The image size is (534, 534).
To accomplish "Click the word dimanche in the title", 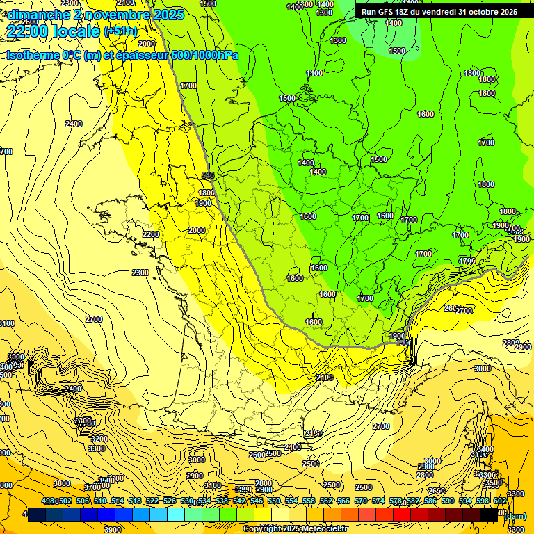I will tap(35, 14).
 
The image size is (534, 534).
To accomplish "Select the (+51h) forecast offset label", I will tap(121, 31).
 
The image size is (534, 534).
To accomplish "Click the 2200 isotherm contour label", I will tap(150, 234).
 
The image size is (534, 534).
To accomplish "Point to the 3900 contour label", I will tap(111, 529).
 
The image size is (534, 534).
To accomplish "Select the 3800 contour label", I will tap(62, 483).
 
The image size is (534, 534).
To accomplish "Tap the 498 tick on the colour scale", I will tap(48, 501).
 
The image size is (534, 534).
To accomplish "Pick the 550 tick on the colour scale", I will tap(274, 501).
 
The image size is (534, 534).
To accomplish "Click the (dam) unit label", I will tap(515, 515).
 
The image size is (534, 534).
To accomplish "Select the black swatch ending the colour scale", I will tap(489, 515).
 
